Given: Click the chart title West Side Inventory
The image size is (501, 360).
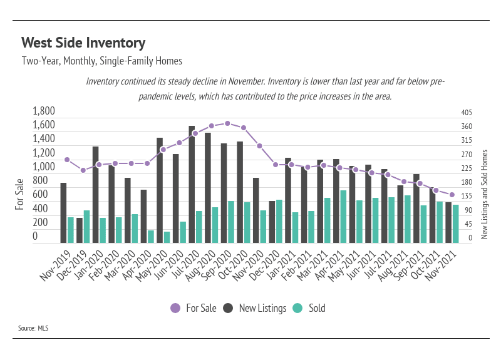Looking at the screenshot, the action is [x=83, y=43].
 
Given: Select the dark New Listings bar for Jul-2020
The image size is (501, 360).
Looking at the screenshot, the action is [x=192, y=184].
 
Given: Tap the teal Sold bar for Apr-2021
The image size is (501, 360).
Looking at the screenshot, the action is [x=343, y=217].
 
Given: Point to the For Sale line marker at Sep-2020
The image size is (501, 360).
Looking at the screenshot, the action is [x=227, y=123].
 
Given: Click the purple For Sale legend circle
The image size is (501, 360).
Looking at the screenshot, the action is [x=175, y=308].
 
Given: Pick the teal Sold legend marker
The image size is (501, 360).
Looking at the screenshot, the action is [x=297, y=308].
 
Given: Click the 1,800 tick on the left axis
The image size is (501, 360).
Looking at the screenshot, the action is [x=44, y=111].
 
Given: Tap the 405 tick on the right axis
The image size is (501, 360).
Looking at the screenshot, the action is [x=467, y=113].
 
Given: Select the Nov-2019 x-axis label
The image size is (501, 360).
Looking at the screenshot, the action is [x=55, y=265].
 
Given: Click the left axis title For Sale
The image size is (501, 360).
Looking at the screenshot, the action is [x=19, y=194].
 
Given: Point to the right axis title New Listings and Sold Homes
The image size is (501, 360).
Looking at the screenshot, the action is [x=484, y=194].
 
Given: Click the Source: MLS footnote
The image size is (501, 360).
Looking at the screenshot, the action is [x=33, y=328].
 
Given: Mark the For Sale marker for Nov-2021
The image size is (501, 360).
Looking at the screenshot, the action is [x=452, y=195].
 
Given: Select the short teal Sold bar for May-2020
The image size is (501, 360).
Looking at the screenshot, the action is [x=167, y=237].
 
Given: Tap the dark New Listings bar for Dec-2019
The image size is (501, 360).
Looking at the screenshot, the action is [x=80, y=230].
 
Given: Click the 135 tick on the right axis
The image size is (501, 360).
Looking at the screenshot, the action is [x=467, y=196].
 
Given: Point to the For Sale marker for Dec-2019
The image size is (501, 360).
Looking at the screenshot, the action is [x=83, y=170].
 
